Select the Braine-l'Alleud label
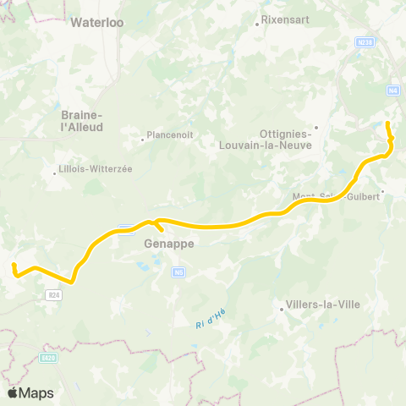[x=82, y=121]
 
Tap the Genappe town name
[x=169, y=243]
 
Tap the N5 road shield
[x=178, y=272]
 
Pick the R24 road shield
[x=53, y=294]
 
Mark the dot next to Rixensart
[x=257, y=25]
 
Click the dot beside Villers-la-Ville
[x=282, y=310]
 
